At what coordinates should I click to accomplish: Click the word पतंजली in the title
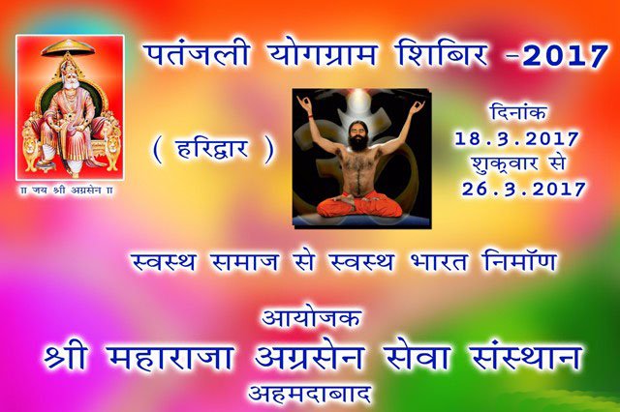click(x=196, y=55)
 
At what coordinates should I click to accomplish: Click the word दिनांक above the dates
click(x=519, y=112)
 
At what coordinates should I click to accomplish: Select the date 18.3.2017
click(x=516, y=139)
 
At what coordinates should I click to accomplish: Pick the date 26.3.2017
click(x=524, y=189)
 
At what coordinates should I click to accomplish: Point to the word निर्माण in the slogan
click(x=520, y=260)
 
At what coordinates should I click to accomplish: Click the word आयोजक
click(x=312, y=318)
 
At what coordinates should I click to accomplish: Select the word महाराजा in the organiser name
click(x=170, y=357)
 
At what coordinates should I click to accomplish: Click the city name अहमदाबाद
click(x=310, y=393)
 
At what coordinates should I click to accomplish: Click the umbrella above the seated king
click(x=68, y=47)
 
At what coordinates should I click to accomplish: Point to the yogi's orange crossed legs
click(x=359, y=205)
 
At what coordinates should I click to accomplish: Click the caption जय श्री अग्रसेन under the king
click(x=67, y=191)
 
